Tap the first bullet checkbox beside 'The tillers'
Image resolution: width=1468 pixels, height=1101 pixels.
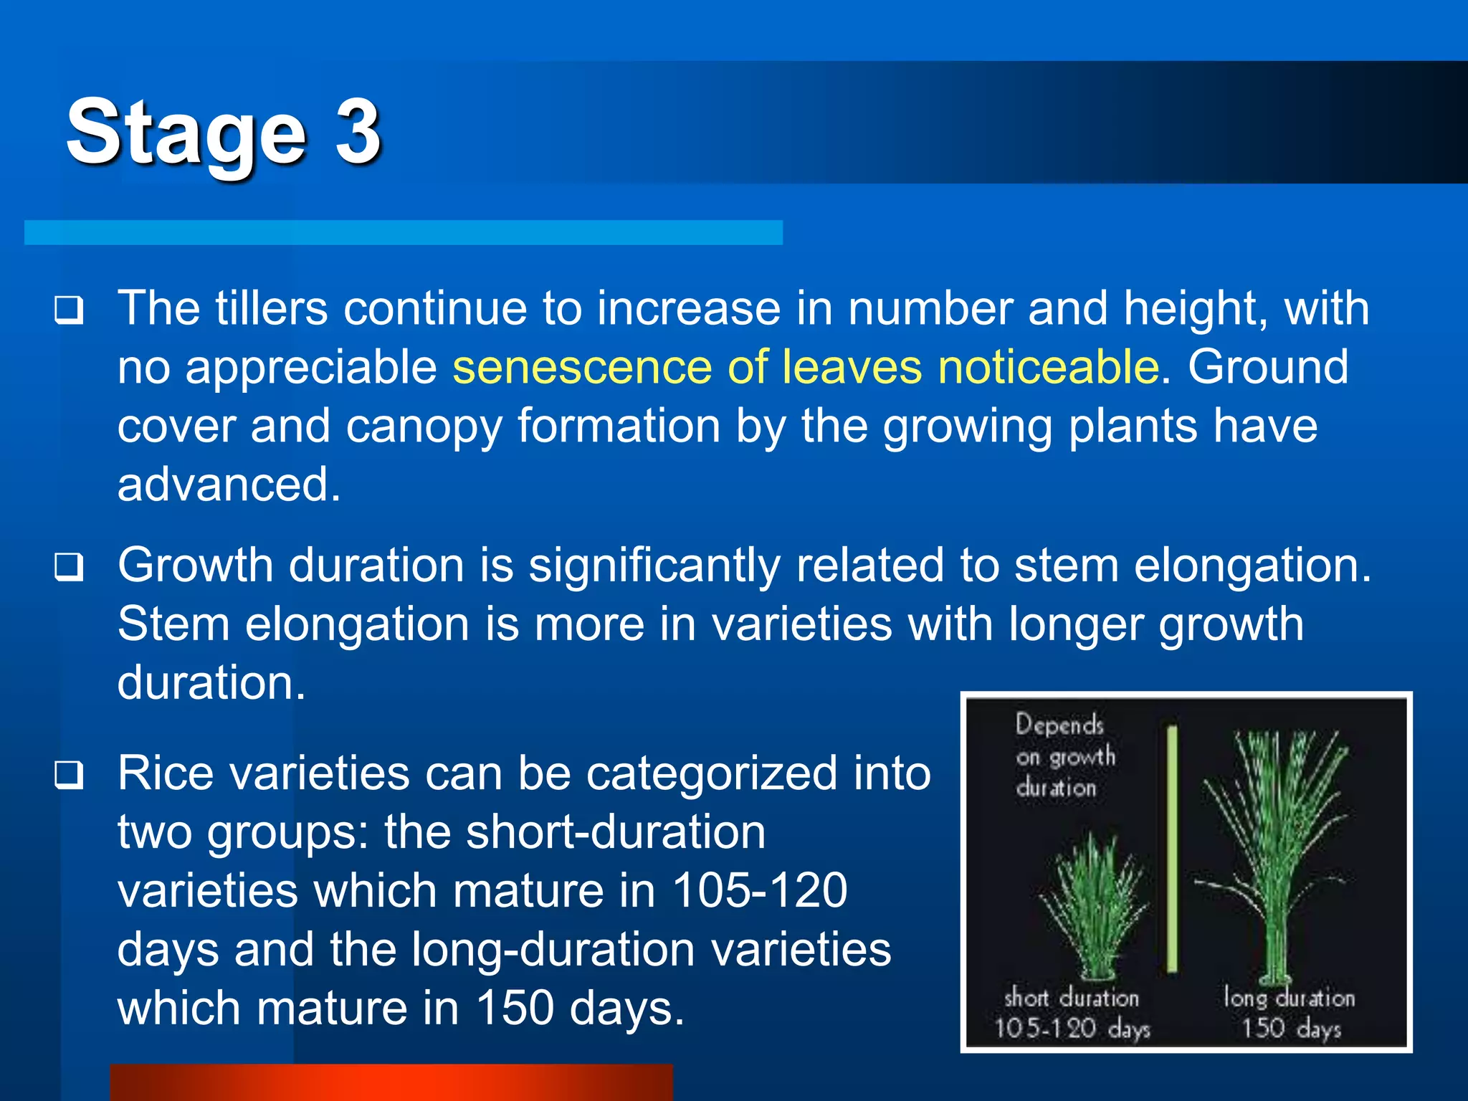[69, 311]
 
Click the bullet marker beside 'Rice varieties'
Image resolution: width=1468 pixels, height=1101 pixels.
[69, 776]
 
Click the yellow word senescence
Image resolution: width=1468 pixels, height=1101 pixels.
[581, 367]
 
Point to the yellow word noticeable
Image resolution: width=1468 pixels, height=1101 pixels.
[1049, 367]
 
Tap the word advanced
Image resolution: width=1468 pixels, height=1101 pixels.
[228, 485]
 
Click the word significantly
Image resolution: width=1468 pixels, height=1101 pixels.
[654, 567]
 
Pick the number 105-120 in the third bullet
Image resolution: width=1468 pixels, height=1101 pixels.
[760, 891]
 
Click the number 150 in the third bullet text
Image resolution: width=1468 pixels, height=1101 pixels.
[515, 1009]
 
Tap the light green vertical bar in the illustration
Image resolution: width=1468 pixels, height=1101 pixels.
[1173, 849]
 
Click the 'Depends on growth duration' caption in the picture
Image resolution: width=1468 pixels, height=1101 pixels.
[1064, 756]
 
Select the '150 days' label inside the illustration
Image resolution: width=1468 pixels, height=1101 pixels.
[1290, 1029]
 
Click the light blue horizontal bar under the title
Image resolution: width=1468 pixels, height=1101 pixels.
[403, 233]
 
